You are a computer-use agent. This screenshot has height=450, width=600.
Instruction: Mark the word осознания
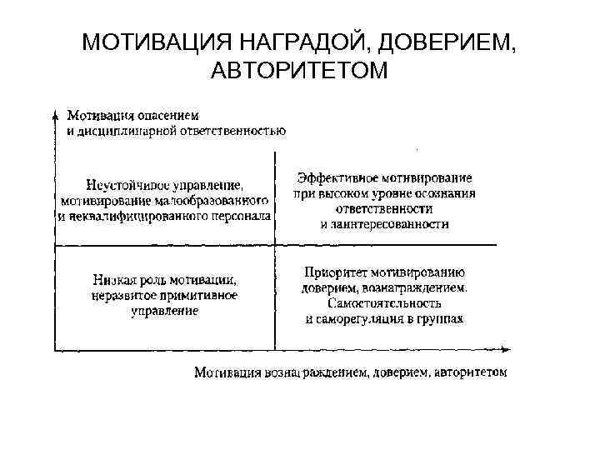click(x=447, y=193)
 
